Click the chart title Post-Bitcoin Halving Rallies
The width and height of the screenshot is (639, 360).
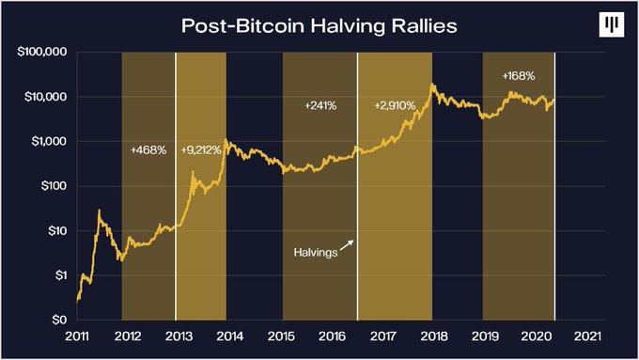point(319,25)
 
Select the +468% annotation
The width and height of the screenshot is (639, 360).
point(148,149)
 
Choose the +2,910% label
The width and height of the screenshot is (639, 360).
point(396,105)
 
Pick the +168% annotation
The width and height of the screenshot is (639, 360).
point(520,74)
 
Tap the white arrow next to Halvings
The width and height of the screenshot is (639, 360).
point(349,243)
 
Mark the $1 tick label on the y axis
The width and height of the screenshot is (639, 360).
point(58,275)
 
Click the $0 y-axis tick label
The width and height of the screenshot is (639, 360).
point(58,320)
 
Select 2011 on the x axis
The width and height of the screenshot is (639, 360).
point(79,337)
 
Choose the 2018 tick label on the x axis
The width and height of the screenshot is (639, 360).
point(434,337)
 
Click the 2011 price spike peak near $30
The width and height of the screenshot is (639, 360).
point(100,211)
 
